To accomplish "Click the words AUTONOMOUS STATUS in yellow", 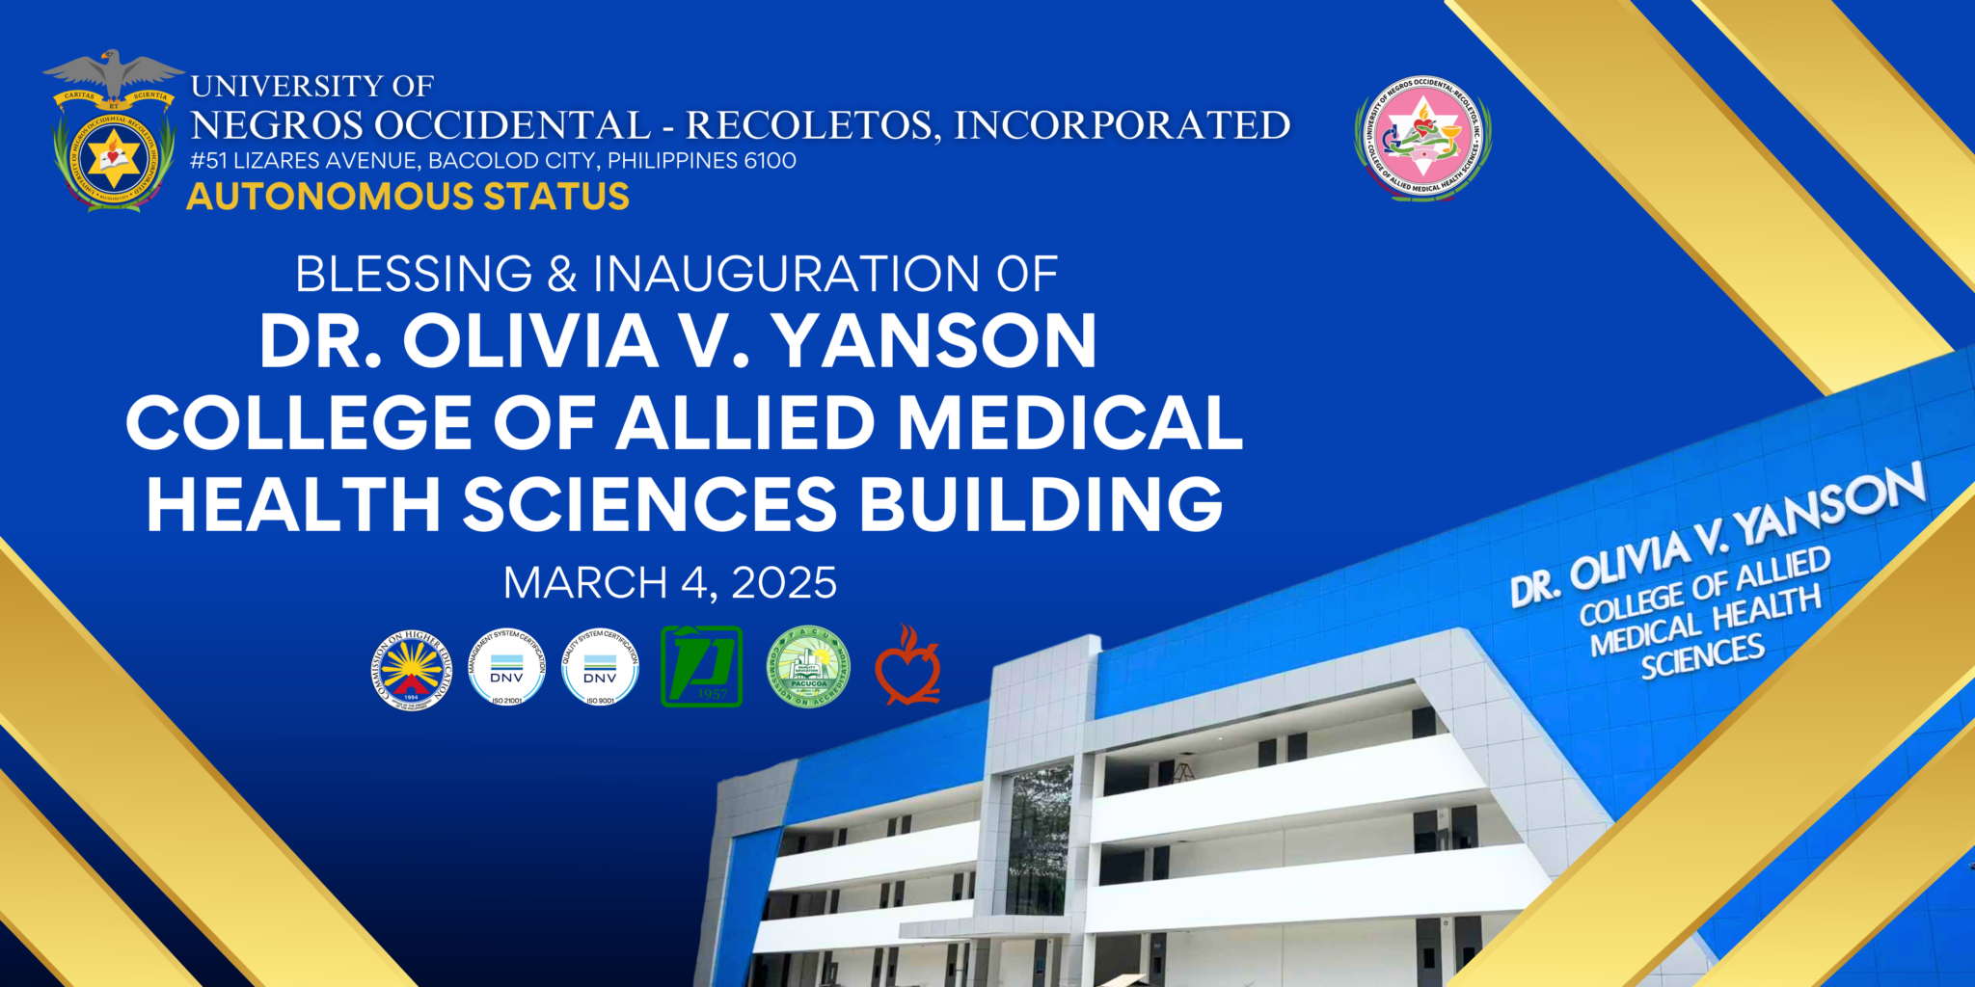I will (408, 197).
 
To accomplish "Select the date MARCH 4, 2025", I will (670, 583).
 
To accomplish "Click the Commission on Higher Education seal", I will (412, 670).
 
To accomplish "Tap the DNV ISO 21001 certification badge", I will (506, 667).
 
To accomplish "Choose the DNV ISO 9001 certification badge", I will (600, 667).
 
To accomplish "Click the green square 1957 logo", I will (701, 667).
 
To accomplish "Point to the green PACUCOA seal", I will (808, 667).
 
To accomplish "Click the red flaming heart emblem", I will (907, 667).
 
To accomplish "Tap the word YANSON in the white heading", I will (934, 341).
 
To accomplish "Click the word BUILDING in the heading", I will (1042, 503).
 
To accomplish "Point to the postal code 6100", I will (771, 161).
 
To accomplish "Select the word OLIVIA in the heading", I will (530, 341).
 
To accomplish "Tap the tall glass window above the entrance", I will (1039, 840).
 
